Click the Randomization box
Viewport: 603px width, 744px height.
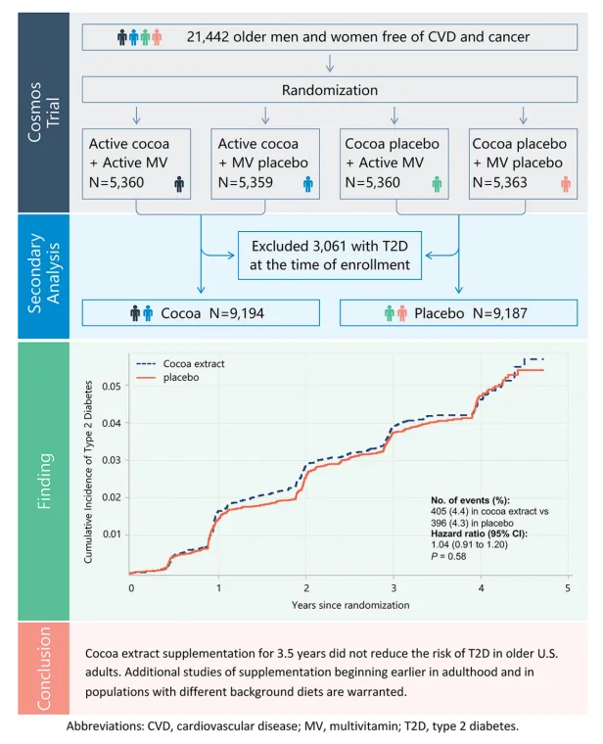click(330, 90)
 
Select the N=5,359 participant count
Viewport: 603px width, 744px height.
click(246, 183)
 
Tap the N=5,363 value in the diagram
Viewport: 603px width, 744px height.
click(499, 183)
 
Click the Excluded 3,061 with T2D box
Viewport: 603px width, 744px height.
click(330, 256)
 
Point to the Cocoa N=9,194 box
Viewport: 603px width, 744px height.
click(201, 312)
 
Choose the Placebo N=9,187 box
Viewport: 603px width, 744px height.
click(459, 312)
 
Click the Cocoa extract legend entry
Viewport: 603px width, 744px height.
click(180, 364)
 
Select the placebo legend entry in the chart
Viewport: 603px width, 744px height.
click(167, 378)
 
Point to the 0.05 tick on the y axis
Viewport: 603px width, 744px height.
click(112, 387)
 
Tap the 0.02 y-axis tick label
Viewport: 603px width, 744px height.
click(112, 497)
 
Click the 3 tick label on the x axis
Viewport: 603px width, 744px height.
click(394, 588)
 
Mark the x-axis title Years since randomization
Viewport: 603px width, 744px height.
click(350, 605)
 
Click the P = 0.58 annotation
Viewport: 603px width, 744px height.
click(448, 556)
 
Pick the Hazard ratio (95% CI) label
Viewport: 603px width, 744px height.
click(480, 534)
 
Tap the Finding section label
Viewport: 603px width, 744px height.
click(44, 481)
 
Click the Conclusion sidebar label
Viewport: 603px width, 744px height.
click(44, 669)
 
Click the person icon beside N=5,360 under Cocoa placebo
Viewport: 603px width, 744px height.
click(437, 184)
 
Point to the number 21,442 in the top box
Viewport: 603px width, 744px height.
click(208, 37)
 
